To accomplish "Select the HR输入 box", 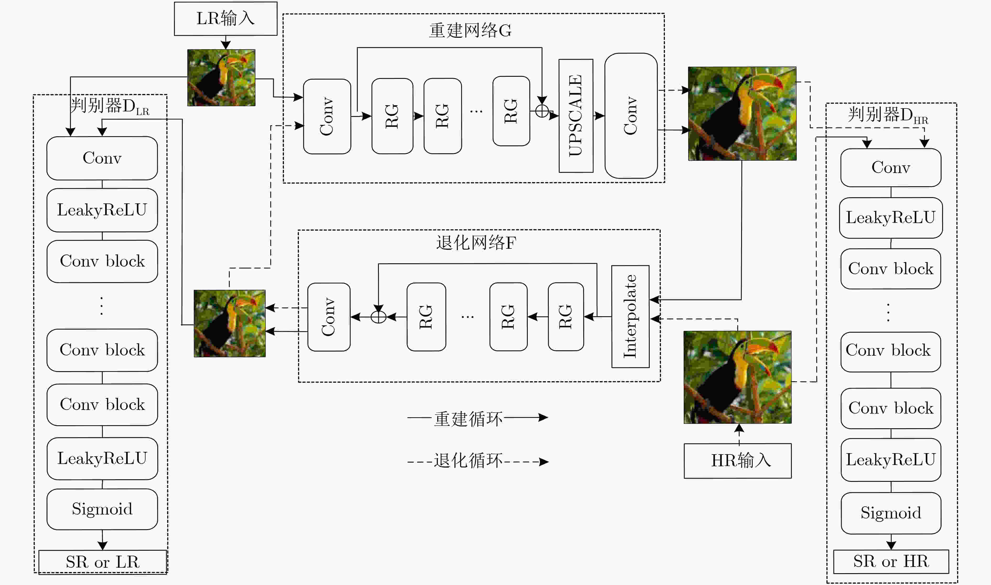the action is [737, 461].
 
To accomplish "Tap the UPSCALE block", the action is [576, 116].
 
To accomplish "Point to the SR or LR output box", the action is [103, 562].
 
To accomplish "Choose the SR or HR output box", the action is [891, 561].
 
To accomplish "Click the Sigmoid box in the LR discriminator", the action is [102, 509].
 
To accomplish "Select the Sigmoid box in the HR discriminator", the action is [891, 513].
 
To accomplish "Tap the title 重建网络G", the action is [470, 30].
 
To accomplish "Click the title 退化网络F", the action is [476, 242].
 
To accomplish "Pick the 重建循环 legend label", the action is [468, 419].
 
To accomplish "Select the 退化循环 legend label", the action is [468, 461].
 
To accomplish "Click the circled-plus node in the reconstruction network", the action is [542, 111].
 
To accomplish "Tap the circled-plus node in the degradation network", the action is [378, 317].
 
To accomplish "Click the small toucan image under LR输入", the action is [221, 78].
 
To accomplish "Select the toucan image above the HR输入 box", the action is [737, 377].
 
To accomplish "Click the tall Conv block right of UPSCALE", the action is [631, 116].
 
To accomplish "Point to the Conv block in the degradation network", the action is [329, 317].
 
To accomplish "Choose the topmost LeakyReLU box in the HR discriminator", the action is [891, 218].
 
